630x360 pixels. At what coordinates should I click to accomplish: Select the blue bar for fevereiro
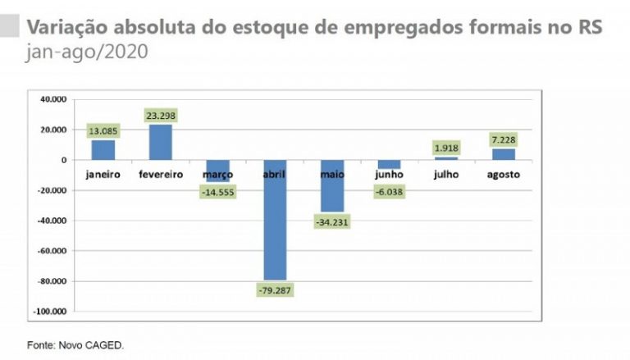tap(161, 142)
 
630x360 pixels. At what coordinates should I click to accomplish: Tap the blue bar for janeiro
tap(103, 150)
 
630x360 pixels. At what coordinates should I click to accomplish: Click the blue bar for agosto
tap(504, 154)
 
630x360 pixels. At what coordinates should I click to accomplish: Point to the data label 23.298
tap(161, 116)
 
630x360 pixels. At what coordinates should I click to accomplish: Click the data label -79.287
tap(275, 290)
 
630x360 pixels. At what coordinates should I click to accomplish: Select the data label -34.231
tap(331, 222)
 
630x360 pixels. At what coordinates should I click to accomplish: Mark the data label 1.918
tap(447, 148)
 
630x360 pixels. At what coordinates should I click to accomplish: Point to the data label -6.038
tap(390, 191)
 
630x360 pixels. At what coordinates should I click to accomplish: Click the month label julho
tap(447, 175)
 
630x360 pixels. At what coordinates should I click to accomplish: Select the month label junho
tap(390, 175)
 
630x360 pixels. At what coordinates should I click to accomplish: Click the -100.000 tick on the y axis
tap(50, 312)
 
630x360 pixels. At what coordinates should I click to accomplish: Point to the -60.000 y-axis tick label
tap(52, 251)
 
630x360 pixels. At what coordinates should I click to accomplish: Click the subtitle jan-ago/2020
tap(86, 52)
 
